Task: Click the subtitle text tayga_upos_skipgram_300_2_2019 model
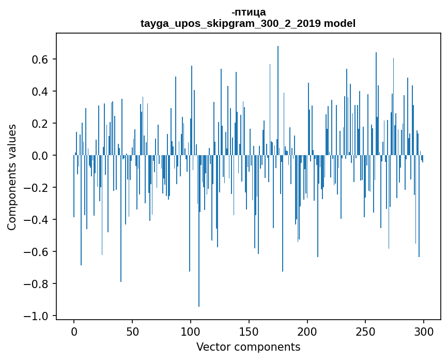[x=248, y=23]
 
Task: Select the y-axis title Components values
[x=11, y=176]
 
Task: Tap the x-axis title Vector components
[x=248, y=347]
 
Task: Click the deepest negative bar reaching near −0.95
[x=199, y=259]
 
